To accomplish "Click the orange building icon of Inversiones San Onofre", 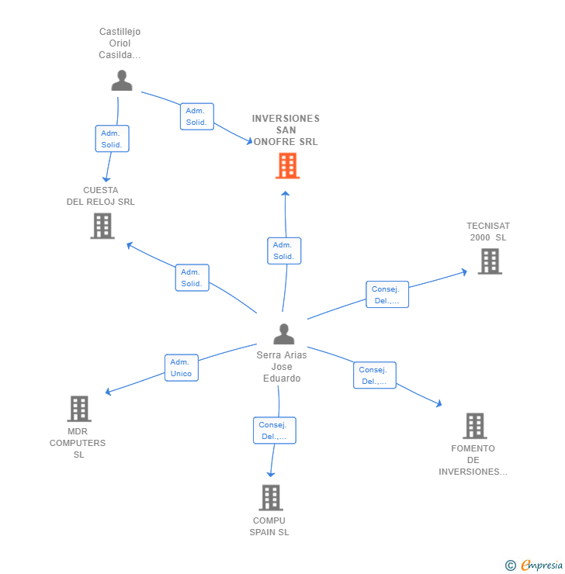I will point(287,165).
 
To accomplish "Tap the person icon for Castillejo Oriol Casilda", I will point(122,81).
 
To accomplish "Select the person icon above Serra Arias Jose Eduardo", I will point(284,334).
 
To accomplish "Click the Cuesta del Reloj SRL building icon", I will point(102,226).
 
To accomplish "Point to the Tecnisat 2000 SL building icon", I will point(489,261).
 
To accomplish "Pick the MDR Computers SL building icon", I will point(78,409).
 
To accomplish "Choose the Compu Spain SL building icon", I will point(270,497).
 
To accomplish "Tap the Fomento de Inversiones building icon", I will point(474,426).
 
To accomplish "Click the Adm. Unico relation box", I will point(181,368).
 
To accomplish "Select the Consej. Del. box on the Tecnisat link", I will point(386,295).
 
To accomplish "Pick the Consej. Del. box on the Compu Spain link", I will point(274,430).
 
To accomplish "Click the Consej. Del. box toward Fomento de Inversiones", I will point(374,375).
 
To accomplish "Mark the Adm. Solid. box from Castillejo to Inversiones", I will point(196,116).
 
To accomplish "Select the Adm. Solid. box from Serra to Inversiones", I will point(283,251).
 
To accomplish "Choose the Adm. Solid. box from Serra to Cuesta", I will point(192,278).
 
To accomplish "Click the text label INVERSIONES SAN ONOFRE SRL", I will point(286,130).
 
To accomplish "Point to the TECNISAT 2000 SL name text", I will point(488,232).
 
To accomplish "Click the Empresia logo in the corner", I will point(540,565).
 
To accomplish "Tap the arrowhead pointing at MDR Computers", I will point(109,392).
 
